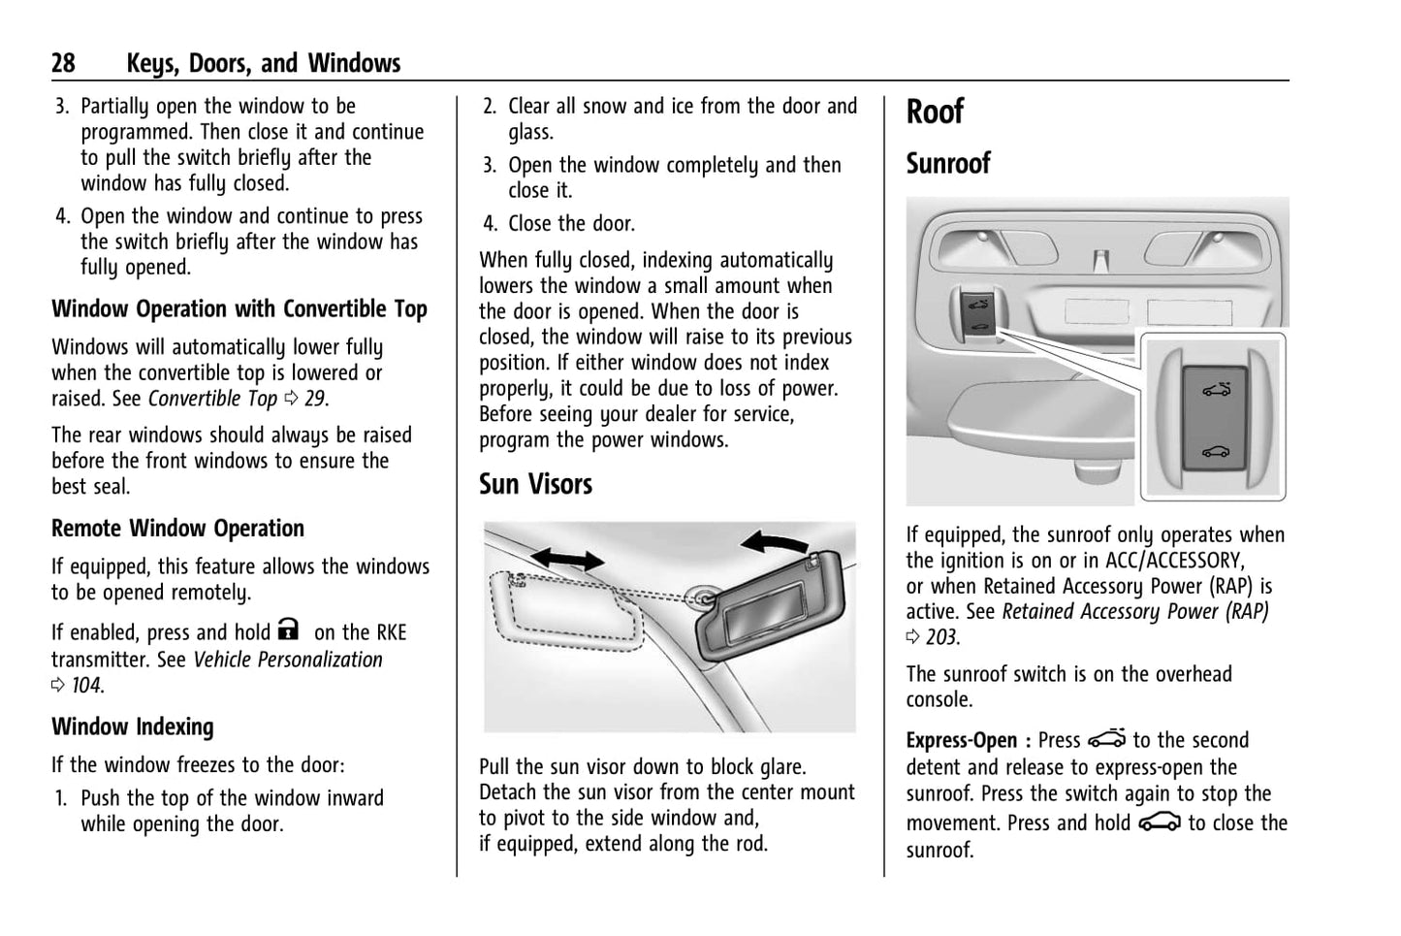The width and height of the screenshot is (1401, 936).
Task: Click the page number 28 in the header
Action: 63,64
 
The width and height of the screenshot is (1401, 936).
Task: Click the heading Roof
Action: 935,112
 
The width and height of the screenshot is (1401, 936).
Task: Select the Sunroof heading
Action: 948,164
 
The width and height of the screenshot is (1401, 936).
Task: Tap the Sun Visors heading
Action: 535,484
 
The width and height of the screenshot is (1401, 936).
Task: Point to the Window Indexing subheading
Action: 133,726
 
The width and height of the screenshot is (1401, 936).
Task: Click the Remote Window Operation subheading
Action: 177,529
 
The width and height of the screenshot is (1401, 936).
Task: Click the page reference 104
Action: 86,686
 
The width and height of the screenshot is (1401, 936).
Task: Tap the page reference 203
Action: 940,638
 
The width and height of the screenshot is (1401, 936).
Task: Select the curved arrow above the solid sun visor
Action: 774,540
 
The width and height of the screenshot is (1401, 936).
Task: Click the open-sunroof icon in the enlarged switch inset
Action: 1215,391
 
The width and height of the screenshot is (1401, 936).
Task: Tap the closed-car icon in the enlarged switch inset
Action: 1215,450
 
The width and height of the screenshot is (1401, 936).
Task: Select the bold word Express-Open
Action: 962,741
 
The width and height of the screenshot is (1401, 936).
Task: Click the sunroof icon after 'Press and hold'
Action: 1160,823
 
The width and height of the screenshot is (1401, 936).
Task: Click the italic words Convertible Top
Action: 212,399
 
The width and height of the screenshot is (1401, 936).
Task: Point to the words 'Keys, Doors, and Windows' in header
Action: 263,64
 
